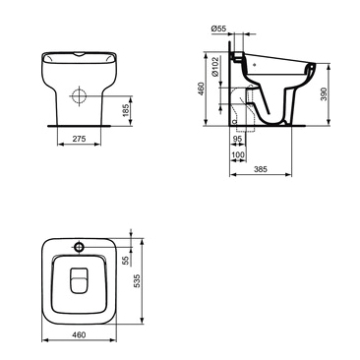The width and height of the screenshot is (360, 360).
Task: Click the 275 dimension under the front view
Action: tap(79, 139)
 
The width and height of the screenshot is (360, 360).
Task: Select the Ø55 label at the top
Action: tap(218, 29)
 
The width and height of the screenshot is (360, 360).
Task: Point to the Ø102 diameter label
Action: tap(214, 67)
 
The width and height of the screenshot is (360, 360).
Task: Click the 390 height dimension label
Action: tap(324, 94)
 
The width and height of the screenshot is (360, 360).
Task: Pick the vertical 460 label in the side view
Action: tap(201, 89)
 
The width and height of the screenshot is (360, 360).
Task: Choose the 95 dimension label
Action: tap(237, 139)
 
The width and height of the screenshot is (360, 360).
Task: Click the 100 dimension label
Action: tap(238, 154)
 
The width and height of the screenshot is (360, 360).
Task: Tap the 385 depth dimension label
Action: tap(261, 169)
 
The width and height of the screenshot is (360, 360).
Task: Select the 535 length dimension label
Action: tap(137, 281)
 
